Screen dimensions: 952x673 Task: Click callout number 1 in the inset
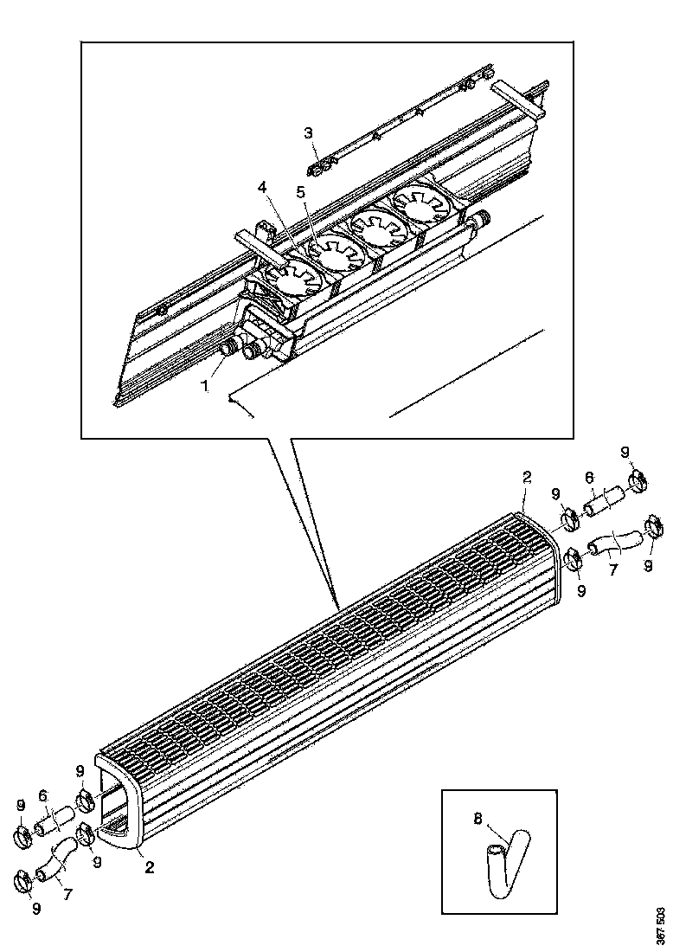(x=205, y=387)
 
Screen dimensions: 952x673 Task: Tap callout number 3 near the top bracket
(x=308, y=132)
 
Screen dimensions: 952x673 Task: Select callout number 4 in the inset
(x=261, y=186)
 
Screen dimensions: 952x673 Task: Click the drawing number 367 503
(x=660, y=924)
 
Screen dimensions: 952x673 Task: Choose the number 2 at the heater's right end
(x=527, y=477)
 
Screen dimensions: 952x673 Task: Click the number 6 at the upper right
(x=589, y=477)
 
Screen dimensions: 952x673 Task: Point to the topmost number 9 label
(x=625, y=453)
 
